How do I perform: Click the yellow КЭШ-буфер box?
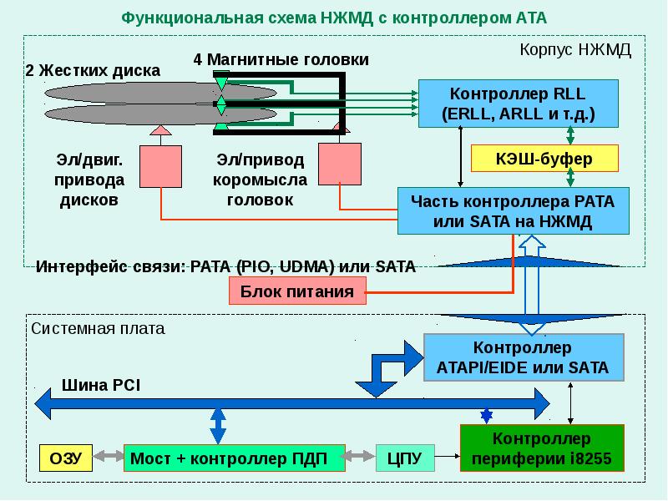(x=544, y=159)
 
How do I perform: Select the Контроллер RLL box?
(x=518, y=104)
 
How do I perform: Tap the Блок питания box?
(x=297, y=291)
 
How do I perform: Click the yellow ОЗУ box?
(x=66, y=458)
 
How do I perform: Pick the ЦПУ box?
(x=405, y=458)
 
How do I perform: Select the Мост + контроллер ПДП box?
(x=235, y=458)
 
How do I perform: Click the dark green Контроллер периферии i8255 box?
(x=542, y=448)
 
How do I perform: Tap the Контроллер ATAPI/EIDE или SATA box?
(x=524, y=357)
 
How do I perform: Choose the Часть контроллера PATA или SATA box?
(x=514, y=211)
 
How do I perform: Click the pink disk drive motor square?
(x=160, y=166)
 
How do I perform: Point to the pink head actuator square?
(x=340, y=164)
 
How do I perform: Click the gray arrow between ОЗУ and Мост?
(x=109, y=456)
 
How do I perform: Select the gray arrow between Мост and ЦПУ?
(x=361, y=456)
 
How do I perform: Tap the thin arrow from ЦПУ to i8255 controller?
(x=448, y=456)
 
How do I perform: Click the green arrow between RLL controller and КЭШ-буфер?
(x=570, y=136)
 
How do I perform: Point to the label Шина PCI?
(x=101, y=385)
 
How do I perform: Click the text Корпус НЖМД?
(x=575, y=50)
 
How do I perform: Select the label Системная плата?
(x=98, y=328)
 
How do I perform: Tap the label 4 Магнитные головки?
(x=281, y=59)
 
